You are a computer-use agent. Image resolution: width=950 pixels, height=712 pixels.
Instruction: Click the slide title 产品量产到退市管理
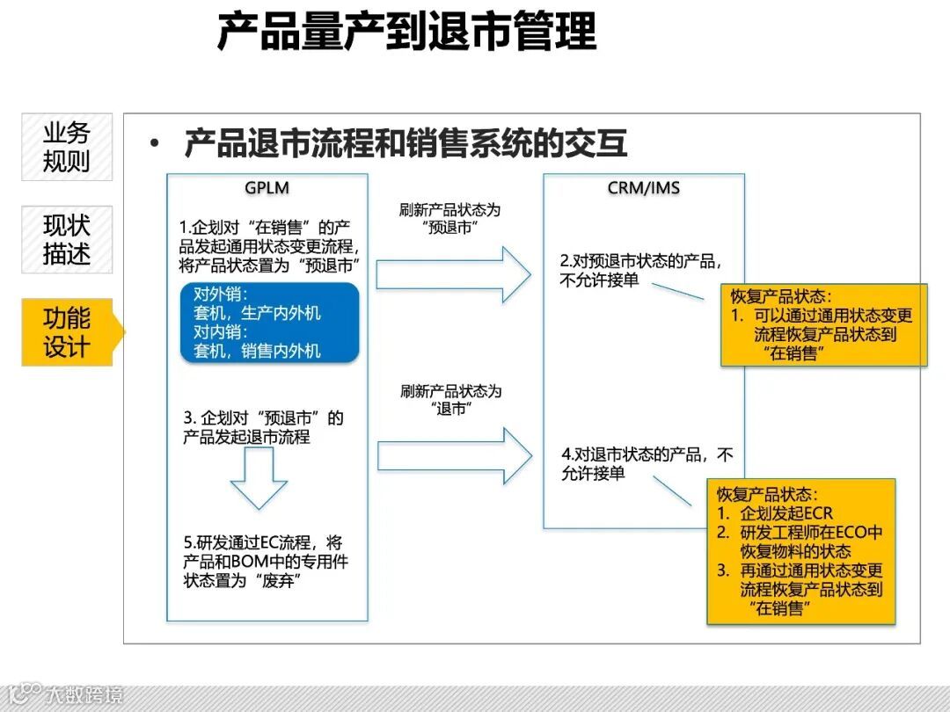[x=406, y=33]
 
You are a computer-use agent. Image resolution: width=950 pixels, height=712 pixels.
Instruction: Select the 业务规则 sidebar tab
[x=67, y=147]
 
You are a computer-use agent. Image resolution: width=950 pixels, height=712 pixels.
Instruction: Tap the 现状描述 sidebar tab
[x=67, y=239]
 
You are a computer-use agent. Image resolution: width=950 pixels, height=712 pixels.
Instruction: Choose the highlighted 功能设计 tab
[x=68, y=332]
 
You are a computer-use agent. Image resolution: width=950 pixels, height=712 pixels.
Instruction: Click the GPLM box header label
[x=267, y=188]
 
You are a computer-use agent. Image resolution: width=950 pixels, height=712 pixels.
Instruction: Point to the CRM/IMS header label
[x=643, y=188]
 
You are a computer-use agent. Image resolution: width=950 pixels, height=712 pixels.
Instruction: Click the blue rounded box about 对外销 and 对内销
[x=269, y=323]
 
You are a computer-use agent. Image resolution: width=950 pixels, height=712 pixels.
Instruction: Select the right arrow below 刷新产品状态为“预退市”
[x=453, y=274]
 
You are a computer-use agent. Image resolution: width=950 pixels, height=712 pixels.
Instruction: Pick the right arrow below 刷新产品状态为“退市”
[x=454, y=456]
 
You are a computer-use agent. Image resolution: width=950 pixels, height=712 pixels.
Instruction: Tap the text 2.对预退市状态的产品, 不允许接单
[x=642, y=270]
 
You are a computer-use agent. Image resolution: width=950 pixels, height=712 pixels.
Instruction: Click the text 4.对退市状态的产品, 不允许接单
[x=647, y=463]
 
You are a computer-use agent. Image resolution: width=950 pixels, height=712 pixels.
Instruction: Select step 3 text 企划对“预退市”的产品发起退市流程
[x=263, y=426]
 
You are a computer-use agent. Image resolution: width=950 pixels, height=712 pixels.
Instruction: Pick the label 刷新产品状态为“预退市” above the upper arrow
[x=449, y=220]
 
